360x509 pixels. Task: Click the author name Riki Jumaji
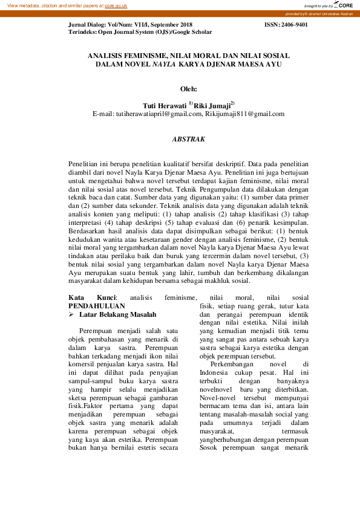point(211,105)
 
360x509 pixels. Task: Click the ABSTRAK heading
point(189,139)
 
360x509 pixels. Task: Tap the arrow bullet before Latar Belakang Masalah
point(71,315)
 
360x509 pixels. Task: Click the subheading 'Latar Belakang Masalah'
point(118,315)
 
